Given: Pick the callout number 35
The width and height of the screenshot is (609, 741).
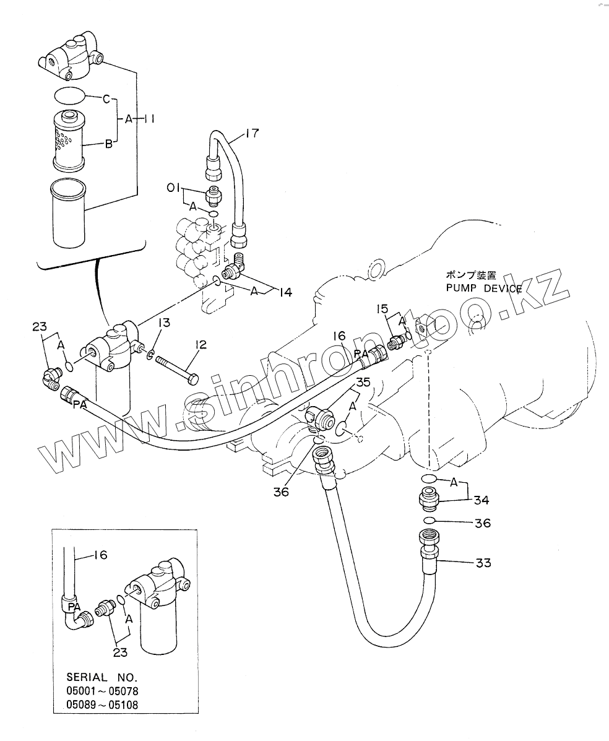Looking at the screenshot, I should (x=363, y=383).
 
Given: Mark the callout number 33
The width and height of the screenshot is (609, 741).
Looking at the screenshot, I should (x=483, y=563).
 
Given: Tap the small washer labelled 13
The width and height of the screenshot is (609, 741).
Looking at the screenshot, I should (x=150, y=355).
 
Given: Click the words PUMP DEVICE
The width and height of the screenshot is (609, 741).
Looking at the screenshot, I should (x=483, y=288).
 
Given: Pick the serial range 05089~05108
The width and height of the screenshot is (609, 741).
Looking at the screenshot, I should (x=101, y=705).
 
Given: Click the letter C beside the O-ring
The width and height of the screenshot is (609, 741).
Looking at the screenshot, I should (x=106, y=98).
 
